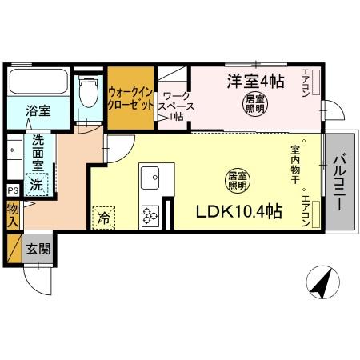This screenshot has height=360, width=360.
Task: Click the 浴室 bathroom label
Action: (x=37, y=110)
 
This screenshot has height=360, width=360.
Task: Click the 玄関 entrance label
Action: (x=37, y=248)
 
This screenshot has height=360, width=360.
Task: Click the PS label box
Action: (x=12, y=190)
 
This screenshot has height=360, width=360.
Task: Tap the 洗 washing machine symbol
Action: (x=36, y=185)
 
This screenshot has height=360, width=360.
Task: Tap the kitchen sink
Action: (x=150, y=178)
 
